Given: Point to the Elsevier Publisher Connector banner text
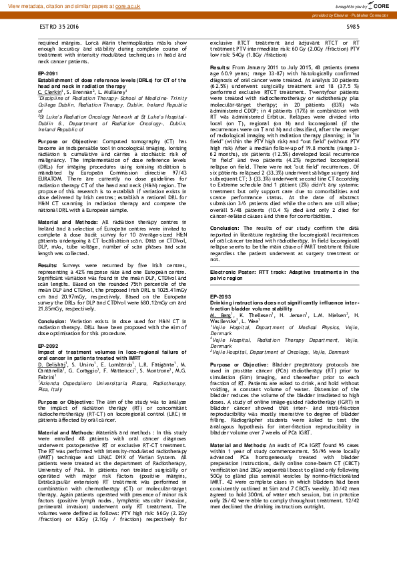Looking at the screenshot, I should (358, 15).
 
